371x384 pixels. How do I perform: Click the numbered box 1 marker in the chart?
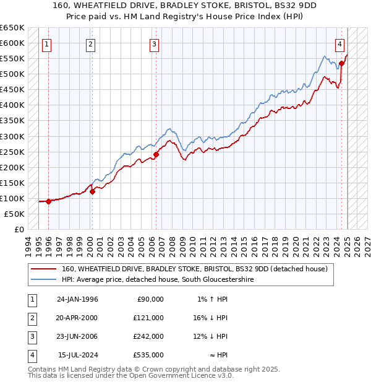pyautogui.click(x=48, y=44)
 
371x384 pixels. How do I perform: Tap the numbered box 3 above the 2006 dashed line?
pyautogui.click(x=154, y=44)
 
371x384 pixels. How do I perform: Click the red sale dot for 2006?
pyautogui.click(x=156, y=154)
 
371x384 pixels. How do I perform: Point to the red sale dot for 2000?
pyautogui.click(x=92, y=191)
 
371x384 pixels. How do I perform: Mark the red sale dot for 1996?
pyautogui.click(x=48, y=201)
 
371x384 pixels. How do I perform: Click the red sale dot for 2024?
pyautogui.click(x=342, y=63)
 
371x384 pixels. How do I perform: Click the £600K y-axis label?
pyautogui.click(x=13, y=43)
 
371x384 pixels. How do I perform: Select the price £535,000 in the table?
pyautogui.click(x=148, y=356)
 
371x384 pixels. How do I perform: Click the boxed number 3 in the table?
pyautogui.click(x=31, y=336)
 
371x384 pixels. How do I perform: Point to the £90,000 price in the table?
pyautogui.click(x=150, y=299)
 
